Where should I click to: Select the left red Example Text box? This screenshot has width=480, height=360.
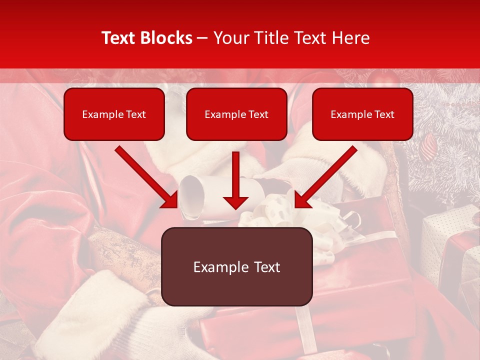tap(114, 114)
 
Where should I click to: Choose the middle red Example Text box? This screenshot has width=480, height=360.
tap(236, 114)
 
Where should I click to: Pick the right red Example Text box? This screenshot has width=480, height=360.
tap(362, 114)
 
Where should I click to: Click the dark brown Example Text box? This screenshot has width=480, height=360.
tap(236, 267)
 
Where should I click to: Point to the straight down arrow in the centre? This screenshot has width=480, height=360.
tap(235, 180)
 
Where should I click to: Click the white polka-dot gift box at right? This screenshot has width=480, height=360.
tap(447, 240)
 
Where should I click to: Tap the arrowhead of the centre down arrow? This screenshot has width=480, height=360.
tap(235, 202)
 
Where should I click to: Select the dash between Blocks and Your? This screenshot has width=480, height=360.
tap(203, 38)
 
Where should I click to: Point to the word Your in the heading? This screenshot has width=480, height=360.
tap(231, 38)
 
